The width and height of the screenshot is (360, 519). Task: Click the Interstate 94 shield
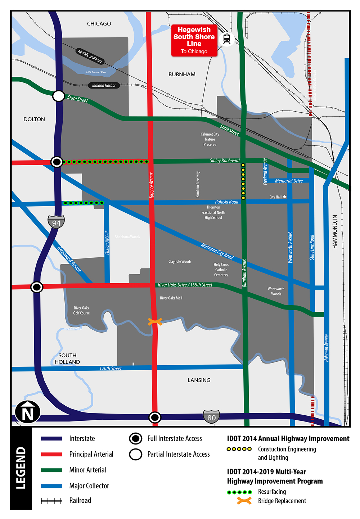tap(56, 222)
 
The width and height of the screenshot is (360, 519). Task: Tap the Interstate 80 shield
tap(211, 417)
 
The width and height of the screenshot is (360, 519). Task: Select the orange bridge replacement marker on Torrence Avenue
tap(155, 321)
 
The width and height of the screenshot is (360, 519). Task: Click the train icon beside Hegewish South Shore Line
tap(227, 39)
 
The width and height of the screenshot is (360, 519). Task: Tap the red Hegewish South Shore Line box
tap(194, 40)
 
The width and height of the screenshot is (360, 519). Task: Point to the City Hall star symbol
tap(284, 197)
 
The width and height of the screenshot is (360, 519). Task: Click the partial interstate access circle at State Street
tap(59, 96)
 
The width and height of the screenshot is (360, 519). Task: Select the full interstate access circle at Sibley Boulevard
tap(57, 162)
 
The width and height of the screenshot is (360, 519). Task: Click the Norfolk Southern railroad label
tap(90, 56)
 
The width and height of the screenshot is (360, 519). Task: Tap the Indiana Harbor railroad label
tap(104, 85)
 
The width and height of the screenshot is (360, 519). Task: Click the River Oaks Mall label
tap(171, 298)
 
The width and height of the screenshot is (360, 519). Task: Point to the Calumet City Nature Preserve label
tap(210, 139)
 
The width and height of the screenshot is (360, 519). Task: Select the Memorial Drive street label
tap(289, 181)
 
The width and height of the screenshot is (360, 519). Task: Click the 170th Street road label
tap(111, 369)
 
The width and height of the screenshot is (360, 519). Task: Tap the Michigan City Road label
tap(217, 251)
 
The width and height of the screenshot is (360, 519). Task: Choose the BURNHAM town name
tap(182, 75)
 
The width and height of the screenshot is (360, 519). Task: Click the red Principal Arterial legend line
tap(51, 454)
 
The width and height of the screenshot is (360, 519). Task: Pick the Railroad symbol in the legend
tap(51, 501)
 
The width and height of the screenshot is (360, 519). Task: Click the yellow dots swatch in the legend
tap(239, 449)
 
